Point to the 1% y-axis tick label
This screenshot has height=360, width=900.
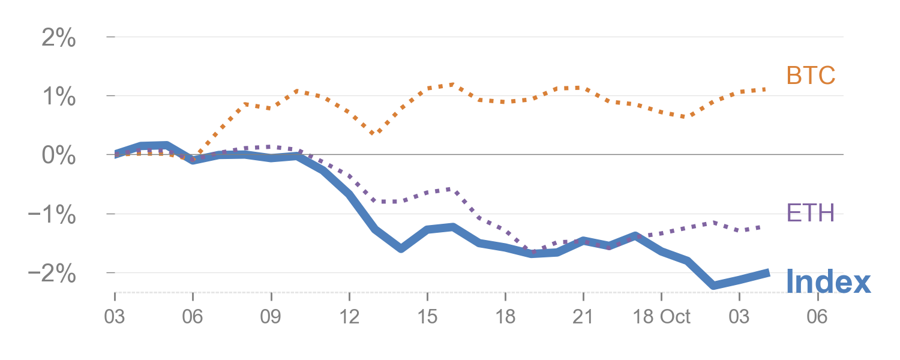(x=59, y=97)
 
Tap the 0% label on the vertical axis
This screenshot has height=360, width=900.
(x=59, y=156)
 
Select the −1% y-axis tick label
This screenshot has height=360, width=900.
(x=53, y=215)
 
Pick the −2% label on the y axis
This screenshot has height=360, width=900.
(x=53, y=274)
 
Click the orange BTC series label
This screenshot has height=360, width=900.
(x=811, y=76)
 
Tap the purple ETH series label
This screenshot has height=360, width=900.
(x=811, y=213)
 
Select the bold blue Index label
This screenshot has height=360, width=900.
(x=828, y=281)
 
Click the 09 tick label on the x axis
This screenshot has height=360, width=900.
(x=271, y=316)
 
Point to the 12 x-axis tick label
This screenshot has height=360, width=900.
(x=349, y=316)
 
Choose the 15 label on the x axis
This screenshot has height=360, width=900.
(x=427, y=316)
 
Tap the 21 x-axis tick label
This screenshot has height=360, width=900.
(x=583, y=316)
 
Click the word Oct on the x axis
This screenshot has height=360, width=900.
(x=676, y=316)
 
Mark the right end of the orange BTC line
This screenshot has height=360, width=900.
(x=766, y=89)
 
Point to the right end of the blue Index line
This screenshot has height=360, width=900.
(x=769, y=273)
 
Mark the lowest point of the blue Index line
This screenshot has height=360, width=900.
(x=713, y=285)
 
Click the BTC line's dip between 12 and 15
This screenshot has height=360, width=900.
(x=373, y=133)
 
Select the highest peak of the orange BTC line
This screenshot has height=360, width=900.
(x=451, y=85)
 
